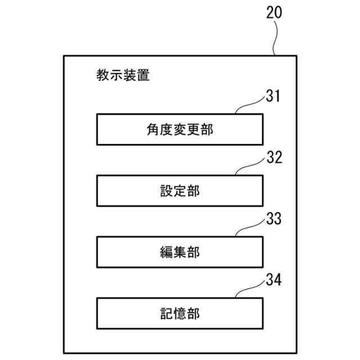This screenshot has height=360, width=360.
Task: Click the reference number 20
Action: [x=274, y=13]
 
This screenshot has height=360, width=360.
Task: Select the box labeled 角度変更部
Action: [x=179, y=129]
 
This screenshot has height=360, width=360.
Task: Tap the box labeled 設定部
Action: [x=179, y=191]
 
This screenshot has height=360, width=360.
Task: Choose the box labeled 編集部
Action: [x=179, y=252]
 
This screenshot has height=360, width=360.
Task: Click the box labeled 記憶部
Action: [x=179, y=313]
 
